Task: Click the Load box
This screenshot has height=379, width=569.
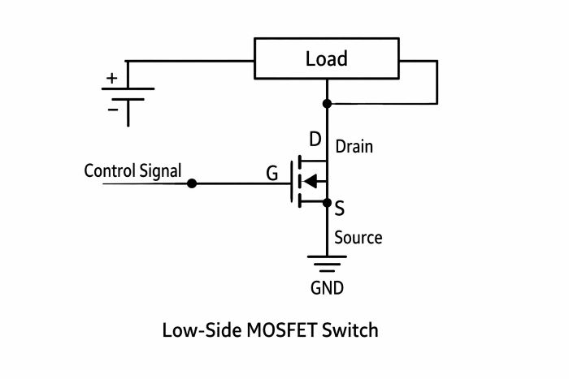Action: pos(327,58)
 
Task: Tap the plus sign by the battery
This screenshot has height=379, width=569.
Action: pos(111,79)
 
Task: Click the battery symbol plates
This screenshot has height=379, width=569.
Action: pos(128,94)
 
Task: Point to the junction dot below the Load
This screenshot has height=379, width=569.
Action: pos(327,104)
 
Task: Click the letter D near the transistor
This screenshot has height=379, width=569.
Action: pos(315,139)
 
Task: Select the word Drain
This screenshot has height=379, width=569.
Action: pos(354,147)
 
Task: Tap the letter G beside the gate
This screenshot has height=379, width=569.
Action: pos(271,173)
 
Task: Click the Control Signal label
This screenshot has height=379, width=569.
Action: pos(132,171)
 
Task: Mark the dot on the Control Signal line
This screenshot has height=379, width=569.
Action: pos(192,184)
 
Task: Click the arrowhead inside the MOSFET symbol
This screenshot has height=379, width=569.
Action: pos(310,181)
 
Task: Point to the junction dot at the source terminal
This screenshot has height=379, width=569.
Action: pos(327,202)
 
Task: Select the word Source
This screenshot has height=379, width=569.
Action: pos(358,238)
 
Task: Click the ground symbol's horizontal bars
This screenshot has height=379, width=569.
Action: pos(327,264)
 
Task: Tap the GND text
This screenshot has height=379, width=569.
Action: pos(327,287)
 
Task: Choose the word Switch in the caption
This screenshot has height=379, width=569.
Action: pos(351,330)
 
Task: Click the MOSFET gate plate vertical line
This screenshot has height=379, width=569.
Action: pos(292,181)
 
